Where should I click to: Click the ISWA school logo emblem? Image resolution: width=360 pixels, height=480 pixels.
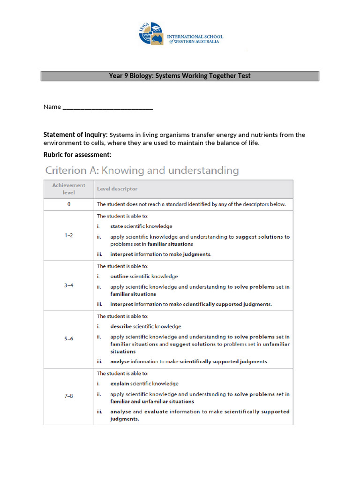pyautogui.click(x=151, y=34)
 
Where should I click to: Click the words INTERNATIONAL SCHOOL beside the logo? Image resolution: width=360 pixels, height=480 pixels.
pyautogui.click(x=195, y=37)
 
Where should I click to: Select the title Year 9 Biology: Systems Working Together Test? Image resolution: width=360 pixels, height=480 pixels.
pyautogui.click(x=180, y=76)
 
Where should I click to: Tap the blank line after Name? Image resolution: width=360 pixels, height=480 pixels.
pyautogui.click(x=107, y=107)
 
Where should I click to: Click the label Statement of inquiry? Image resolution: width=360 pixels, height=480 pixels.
pyautogui.click(x=75, y=135)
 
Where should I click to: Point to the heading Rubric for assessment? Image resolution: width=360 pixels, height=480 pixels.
pyautogui.click(x=77, y=155)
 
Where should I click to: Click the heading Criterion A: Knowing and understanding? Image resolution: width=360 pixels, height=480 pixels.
pyautogui.click(x=141, y=171)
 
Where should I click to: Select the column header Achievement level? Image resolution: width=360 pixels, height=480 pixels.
pyautogui.click(x=69, y=189)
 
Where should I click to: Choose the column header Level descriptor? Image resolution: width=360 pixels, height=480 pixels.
pyautogui.click(x=117, y=189)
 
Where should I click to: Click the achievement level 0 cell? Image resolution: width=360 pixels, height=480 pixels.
pyautogui.click(x=69, y=204)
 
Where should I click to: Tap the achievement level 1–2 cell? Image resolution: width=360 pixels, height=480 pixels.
pyautogui.click(x=69, y=236)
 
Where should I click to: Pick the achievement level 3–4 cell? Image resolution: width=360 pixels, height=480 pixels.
pyautogui.click(x=69, y=285)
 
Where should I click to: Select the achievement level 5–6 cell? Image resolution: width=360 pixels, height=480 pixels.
pyautogui.click(x=69, y=339)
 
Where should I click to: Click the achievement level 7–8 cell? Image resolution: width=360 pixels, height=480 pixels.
pyautogui.click(x=69, y=396)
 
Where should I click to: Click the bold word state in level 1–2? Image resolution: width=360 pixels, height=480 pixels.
pyautogui.click(x=117, y=226)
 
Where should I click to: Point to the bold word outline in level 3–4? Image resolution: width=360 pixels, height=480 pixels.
pyautogui.click(x=119, y=277)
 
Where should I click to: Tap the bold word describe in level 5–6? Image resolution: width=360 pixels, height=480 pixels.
pyautogui.click(x=121, y=326)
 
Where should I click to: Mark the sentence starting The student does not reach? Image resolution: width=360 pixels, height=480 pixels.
pyautogui.click(x=191, y=204)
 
